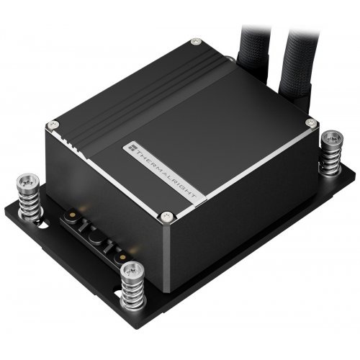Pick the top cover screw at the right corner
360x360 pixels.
(x=312, y=124)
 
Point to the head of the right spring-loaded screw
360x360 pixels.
(x=332, y=138)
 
